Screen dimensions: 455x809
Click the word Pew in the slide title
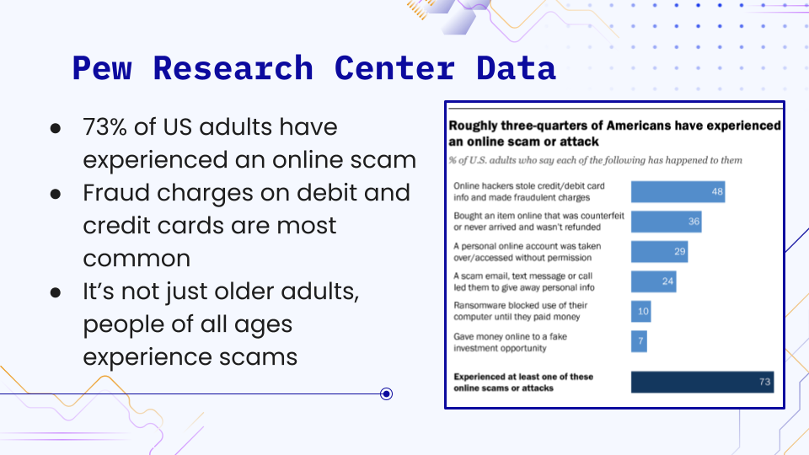[102, 67]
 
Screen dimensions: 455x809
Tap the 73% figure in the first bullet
[104, 127]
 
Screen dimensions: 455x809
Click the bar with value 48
[678, 192]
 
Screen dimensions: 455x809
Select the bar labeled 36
[666, 222]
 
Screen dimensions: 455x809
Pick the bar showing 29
[659, 251]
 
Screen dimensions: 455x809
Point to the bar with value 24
[654, 281]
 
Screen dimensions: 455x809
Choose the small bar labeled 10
[640, 311]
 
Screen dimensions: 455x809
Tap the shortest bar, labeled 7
[639, 340]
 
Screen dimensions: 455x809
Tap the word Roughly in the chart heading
[474, 126]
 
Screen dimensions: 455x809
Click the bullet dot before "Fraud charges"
[56, 193]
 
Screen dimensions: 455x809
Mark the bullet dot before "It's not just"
[56, 292]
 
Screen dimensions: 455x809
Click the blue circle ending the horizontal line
[386, 393]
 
